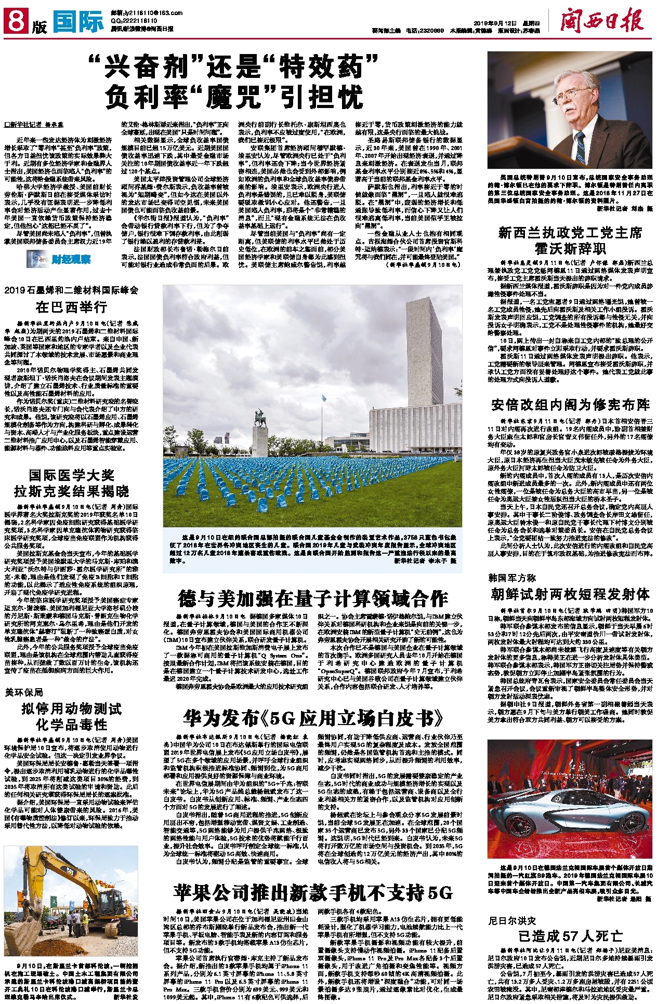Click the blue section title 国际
point(78,22)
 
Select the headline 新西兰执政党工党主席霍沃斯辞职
point(570,240)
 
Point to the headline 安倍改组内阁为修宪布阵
point(570,405)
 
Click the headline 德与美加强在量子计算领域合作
point(312,598)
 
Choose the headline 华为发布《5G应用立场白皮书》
point(313,718)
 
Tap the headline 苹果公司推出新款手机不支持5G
point(313,892)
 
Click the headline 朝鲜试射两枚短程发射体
point(570,594)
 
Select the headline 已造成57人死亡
point(570,936)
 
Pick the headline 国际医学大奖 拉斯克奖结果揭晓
point(71,483)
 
